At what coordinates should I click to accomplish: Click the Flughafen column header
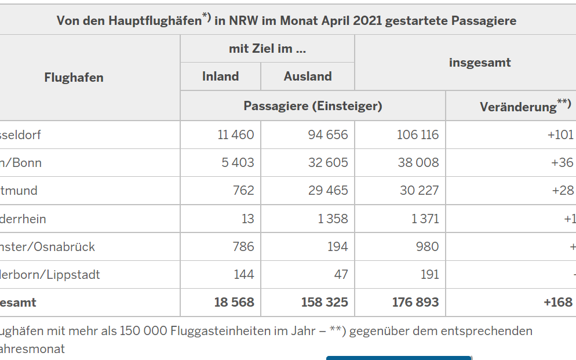(74, 78)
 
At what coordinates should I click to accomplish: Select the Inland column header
(220, 77)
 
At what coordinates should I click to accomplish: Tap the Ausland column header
(308, 77)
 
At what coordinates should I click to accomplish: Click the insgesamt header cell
(480, 63)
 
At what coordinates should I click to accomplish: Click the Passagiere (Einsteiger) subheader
(312, 106)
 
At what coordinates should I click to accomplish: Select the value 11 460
(236, 135)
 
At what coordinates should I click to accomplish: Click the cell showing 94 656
(328, 135)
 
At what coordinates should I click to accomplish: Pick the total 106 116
(418, 135)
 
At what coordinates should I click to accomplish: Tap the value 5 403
(238, 163)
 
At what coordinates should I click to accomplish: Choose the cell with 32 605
(328, 163)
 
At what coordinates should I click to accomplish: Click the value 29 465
(328, 191)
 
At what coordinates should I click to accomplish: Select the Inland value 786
(243, 247)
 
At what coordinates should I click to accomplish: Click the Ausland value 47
(341, 275)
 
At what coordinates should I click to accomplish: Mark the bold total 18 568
(234, 303)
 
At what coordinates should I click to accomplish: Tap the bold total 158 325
(325, 303)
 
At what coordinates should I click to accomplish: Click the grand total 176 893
(415, 303)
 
